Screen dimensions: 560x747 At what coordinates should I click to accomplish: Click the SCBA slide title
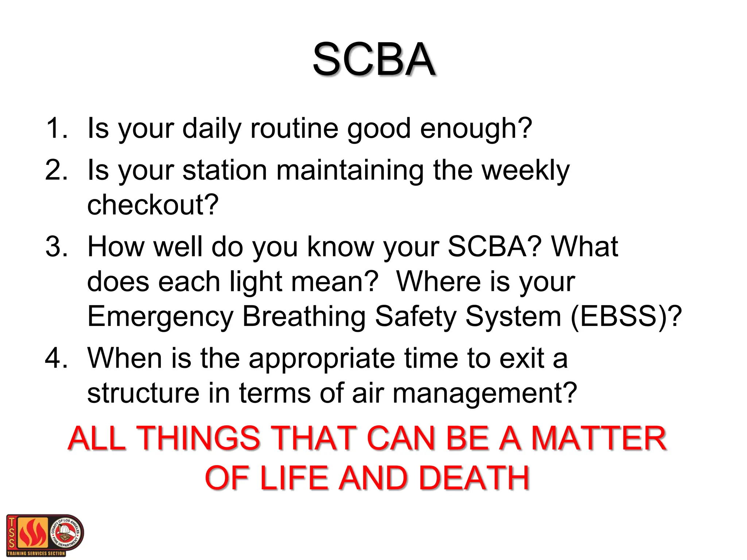(x=374, y=59)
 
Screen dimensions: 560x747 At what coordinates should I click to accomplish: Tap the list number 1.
(x=57, y=128)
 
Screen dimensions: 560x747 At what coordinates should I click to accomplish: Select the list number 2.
(x=57, y=170)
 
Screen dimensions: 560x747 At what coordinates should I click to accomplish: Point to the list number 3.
(x=57, y=247)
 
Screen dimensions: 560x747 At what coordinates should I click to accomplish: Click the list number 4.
(x=57, y=358)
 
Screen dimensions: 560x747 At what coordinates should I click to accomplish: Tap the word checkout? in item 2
(x=153, y=205)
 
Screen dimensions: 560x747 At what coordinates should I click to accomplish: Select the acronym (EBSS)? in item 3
(x=626, y=316)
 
